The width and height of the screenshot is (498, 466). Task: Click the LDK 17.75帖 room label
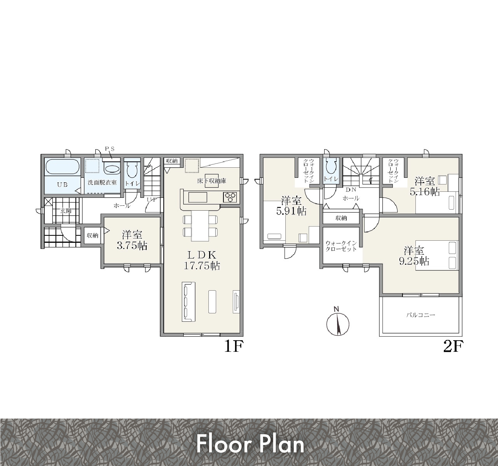[202, 261]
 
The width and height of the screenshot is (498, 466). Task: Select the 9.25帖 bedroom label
[414, 256]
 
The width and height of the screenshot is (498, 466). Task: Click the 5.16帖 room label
[425, 186]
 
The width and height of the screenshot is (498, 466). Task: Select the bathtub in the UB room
[63, 166]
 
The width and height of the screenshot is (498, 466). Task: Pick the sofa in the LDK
[188, 302]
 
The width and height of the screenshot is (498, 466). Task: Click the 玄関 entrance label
[66, 211]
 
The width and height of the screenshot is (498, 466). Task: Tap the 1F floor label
[234, 346]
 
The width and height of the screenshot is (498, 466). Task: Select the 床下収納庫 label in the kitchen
[212, 181]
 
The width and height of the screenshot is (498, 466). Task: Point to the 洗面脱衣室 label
[102, 182]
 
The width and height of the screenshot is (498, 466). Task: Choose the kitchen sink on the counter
[198, 197]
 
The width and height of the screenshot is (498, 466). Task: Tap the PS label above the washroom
[109, 149]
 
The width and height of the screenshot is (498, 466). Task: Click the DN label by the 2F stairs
[351, 190]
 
